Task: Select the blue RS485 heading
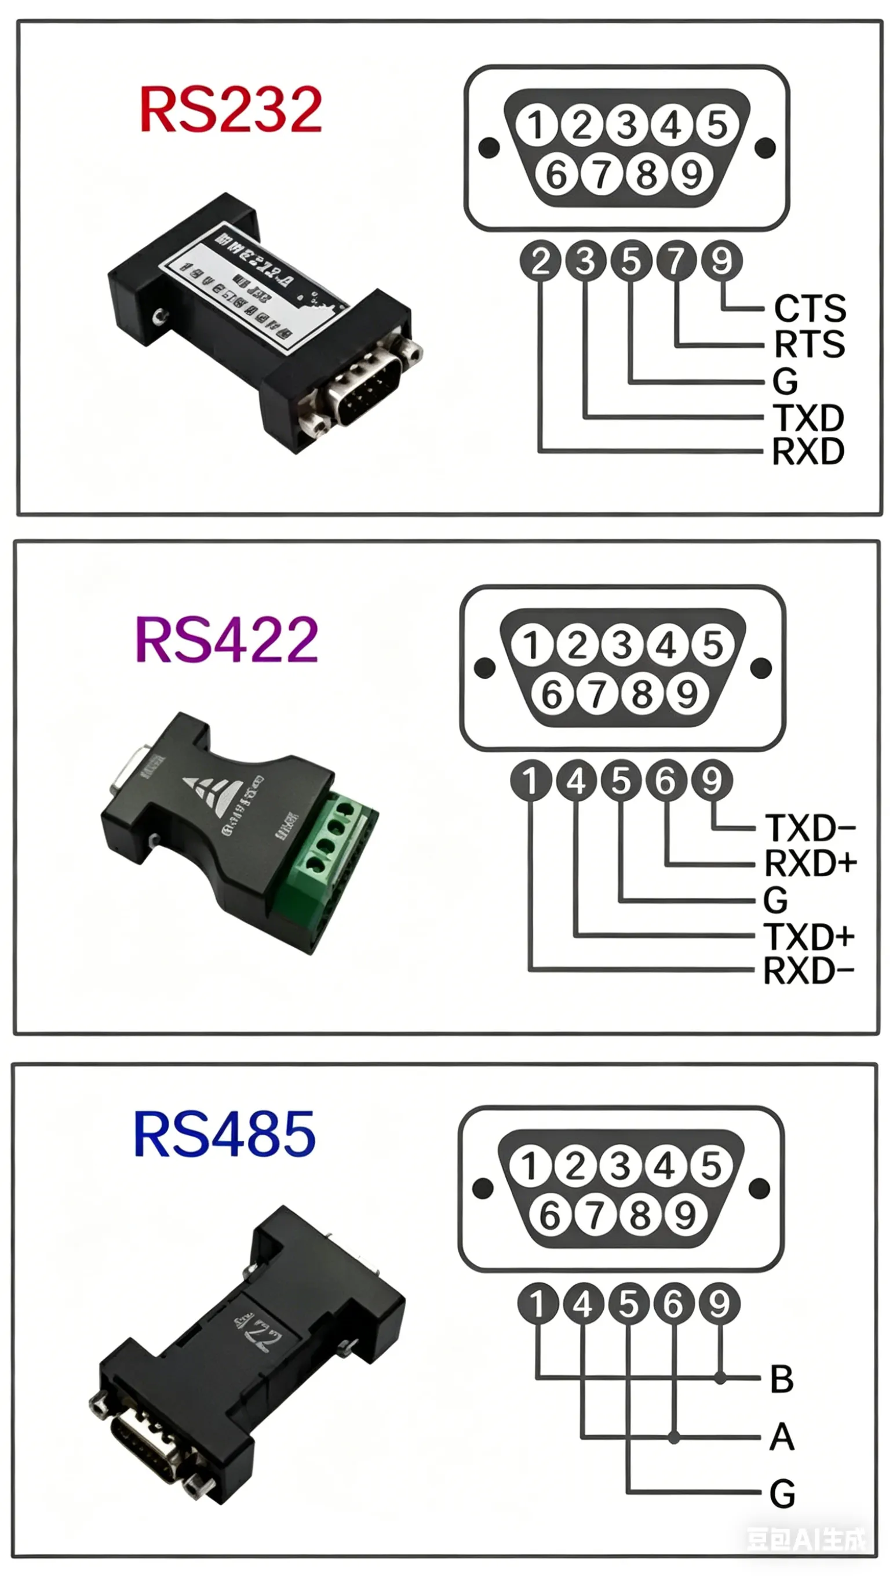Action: click(224, 1135)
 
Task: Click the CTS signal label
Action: click(810, 308)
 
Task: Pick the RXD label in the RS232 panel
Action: click(808, 452)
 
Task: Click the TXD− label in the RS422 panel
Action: click(810, 828)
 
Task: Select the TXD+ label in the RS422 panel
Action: click(809, 937)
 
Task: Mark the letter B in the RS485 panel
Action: click(782, 1379)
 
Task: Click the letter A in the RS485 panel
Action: click(782, 1437)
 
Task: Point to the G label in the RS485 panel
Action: click(782, 1493)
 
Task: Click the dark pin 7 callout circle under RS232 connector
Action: click(676, 261)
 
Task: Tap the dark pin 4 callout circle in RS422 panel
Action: click(577, 781)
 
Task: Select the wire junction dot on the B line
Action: click(720, 1379)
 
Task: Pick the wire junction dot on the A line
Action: click(674, 1437)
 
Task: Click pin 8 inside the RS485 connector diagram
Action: click(640, 1215)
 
